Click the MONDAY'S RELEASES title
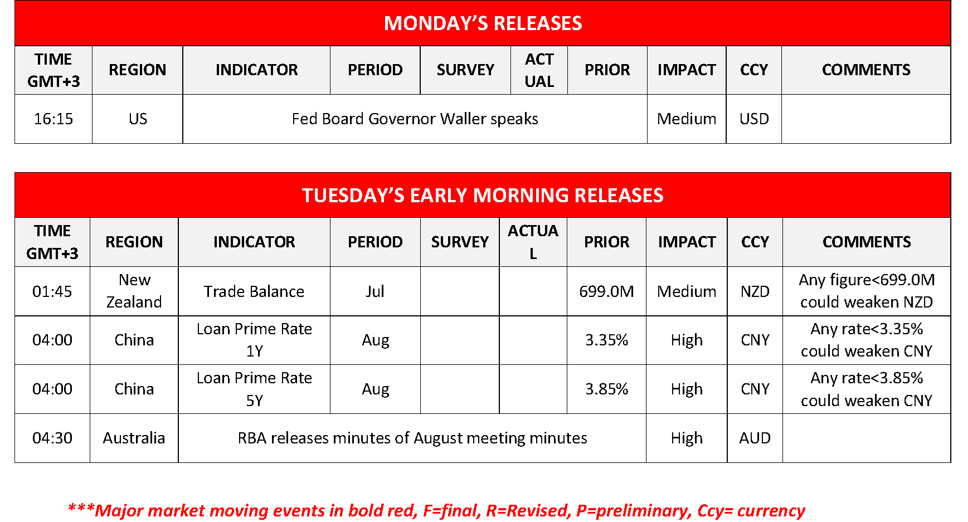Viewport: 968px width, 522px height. pyautogui.click(x=483, y=23)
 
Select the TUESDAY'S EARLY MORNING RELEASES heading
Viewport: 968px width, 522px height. pyautogui.click(x=483, y=196)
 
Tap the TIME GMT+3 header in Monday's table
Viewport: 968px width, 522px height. pyautogui.click(x=53, y=70)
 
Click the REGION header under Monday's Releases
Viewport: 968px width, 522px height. pyautogui.click(x=137, y=70)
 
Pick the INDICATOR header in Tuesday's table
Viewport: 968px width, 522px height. pyautogui.click(x=254, y=242)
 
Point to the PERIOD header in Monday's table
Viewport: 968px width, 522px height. pyautogui.click(x=375, y=70)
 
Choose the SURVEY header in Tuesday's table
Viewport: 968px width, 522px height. pyautogui.click(x=460, y=242)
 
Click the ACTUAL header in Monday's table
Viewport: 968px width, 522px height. pyautogui.click(x=539, y=70)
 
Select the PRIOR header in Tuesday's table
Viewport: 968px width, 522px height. pyautogui.click(x=606, y=242)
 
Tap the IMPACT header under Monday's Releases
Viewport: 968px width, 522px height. pyautogui.click(x=687, y=70)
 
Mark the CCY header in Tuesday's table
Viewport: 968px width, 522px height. pyautogui.click(x=755, y=242)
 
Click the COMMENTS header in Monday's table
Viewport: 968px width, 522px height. pyautogui.click(x=866, y=70)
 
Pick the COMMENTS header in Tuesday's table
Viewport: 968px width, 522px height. pyautogui.click(x=867, y=242)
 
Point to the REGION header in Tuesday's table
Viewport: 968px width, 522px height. pyautogui.click(x=134, y=242)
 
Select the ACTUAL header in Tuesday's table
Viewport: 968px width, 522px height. pyautogui.click(x=533, y=242)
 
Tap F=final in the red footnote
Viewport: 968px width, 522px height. pyautogui.click(x=451, y=511)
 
